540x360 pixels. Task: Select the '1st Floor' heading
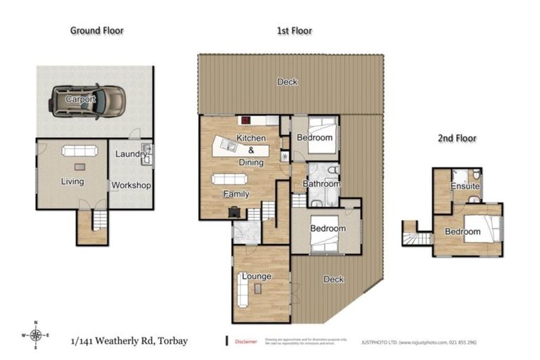pyautogui.click(x=294, y=30)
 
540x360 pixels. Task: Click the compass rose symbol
pyautogui.click(x=37, y=335)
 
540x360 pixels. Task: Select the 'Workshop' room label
pyautogui.click(x=132, y=186)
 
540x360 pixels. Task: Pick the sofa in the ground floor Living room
pyautogui.click(x=78, y=150)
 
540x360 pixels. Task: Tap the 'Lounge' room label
pyautogui.click(x=257, y=276)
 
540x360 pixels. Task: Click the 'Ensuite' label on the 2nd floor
pyautogui.click(x=465, y=187)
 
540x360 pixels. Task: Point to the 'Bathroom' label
pyautogui.click(x=321, y=184)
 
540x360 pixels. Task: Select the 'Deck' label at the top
pyautogui.click(x=287, y=82)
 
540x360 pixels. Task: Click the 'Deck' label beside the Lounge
pyautogui.click(x=333, y=279)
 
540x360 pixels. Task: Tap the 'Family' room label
pyautogui.click(x=236, y=193)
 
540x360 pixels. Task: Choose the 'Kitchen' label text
pyautogui.click(x=251, y=139)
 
